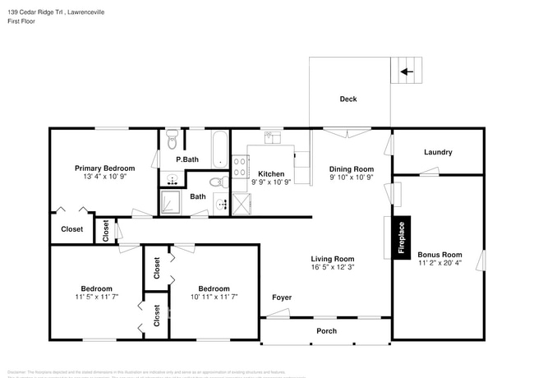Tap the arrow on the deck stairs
pos(406,71)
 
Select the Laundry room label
pos(438,152)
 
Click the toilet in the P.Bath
pos(172,137)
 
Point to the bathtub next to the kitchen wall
pos(219,149)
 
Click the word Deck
pos(348,99)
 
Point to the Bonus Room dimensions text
pos(439,264)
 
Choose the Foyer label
pos(282,297)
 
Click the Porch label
pos(326,330)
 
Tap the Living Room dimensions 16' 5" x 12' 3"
pos(332,268)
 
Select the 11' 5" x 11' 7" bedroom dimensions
pos(96,297)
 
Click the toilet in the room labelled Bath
pos(214,182)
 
